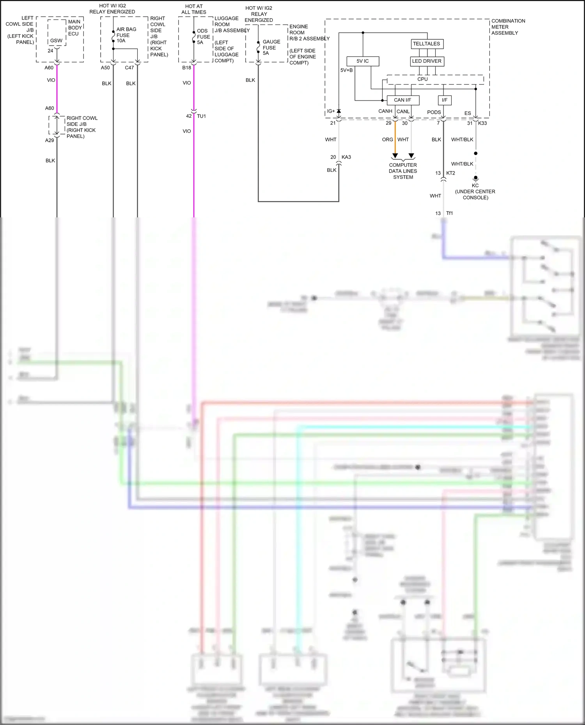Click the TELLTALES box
(x=427, y=44)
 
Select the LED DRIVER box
(x=427, y=61)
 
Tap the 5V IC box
(x=362, y=61)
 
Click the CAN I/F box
(x=402, y=100)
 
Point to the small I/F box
(x=444, y=100)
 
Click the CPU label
(x=422, y=79)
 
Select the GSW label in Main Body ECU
(x=56, y=41)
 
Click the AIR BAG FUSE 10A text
(x=126, y=35)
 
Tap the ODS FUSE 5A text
(x=203, y=37)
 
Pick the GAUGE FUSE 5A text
(x=271, y=48)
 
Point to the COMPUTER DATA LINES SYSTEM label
(x=403, y=171)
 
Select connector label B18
(x=186, y=68)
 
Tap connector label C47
(x=129, y=68)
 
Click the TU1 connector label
(x=201, y=116)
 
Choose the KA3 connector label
(x=346, y=157)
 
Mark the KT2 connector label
(x=450, y=173)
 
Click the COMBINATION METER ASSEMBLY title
(x=508, y=27)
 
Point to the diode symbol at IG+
(x=339, y=111)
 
